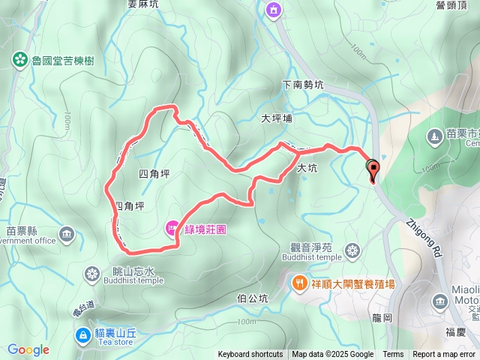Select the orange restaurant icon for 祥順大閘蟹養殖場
pyautogui.click(x=299, y=283)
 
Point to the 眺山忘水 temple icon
pyautogui.click(x=92, y=271)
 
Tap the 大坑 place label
pyautogui.click(x=307, y=169)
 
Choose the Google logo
pyautogui.click(x=28, y=349)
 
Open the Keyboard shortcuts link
pyautogui.click(x=250, y=355)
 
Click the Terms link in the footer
pyautogui.click(x=393, y=355)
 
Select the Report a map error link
pyautogui.click(x=444, y=355)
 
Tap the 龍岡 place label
pyautogui.click(x=382, y=317)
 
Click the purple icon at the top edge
pyautogui.click(x=272, y=10)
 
